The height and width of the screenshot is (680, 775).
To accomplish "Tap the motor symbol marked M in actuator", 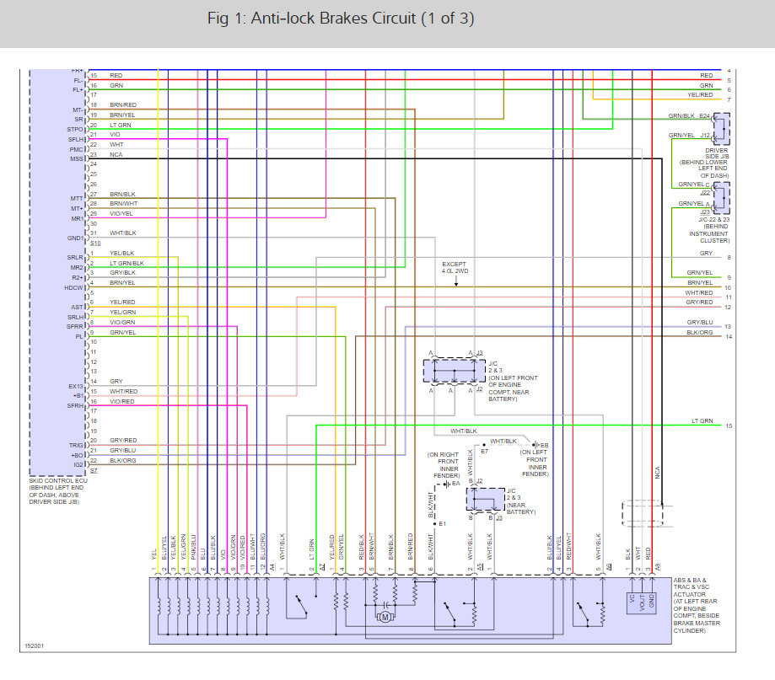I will (385, 616).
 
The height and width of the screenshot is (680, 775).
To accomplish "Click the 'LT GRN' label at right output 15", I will (702, 421).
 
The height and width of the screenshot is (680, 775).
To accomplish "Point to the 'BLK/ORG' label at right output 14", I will (700, 333).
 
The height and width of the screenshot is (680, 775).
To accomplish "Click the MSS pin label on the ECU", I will (77, 158).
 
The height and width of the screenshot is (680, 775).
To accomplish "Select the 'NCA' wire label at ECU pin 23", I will (116, 154).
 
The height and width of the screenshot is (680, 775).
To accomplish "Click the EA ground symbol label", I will (455, 484).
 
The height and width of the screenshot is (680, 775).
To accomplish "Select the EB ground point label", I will (544, 444).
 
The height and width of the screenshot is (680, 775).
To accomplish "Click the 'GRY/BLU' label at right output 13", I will (700, 322).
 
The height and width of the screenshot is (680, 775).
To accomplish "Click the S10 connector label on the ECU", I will (94, 243).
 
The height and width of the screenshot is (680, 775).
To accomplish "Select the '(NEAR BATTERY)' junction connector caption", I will (520, 507).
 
